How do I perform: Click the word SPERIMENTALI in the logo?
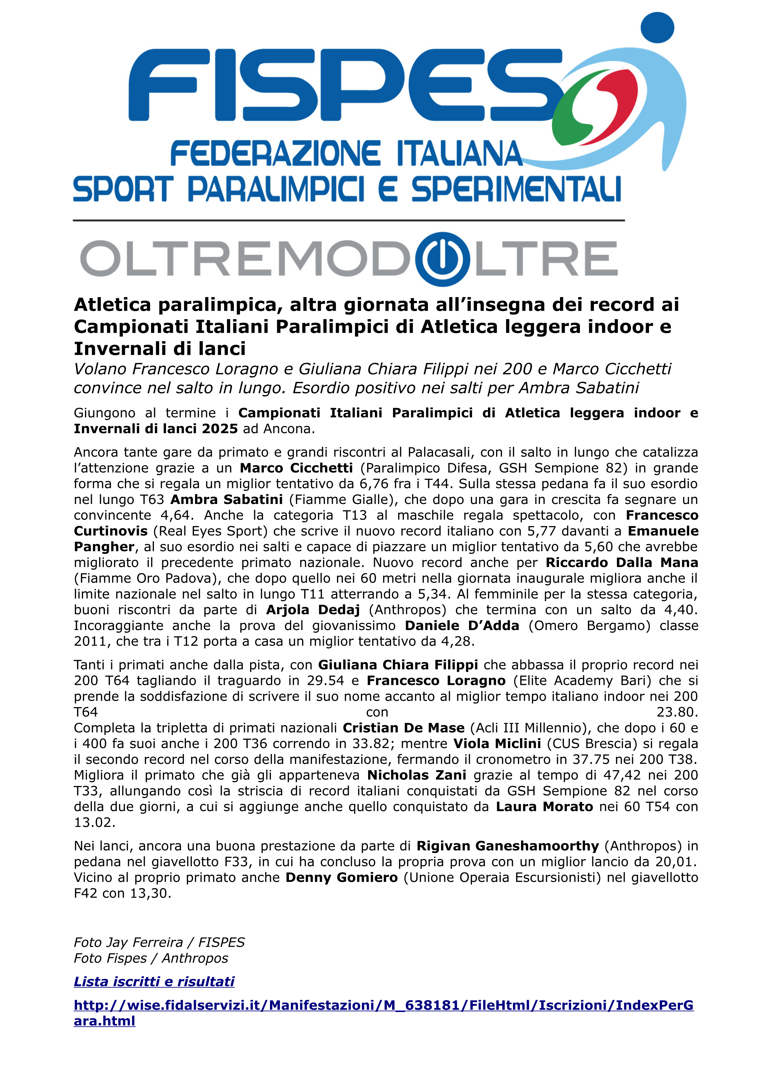coord(516,189)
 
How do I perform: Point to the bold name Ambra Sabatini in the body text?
coord(226,499)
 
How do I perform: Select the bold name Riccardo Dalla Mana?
coord(622,562)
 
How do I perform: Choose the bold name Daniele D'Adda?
coord(462,625)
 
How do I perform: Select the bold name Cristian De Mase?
coord(403,728)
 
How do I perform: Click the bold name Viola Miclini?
coord(497,743)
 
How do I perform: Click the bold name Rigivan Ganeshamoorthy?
coord(508,846)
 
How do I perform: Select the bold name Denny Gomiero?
coord(342,877)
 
